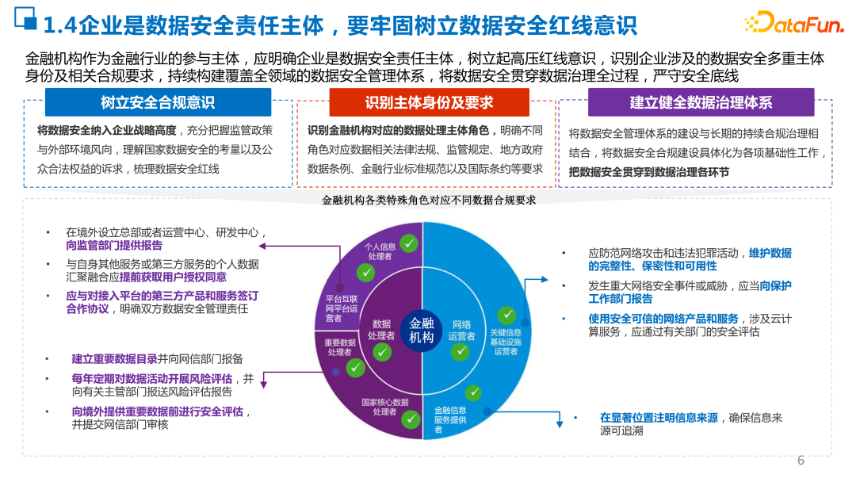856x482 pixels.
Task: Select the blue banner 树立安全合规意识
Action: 158,103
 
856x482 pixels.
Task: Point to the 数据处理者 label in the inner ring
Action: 382,330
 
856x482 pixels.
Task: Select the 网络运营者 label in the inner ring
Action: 461,330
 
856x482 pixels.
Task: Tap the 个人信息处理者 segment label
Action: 380,251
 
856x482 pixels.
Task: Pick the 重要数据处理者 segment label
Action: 340,347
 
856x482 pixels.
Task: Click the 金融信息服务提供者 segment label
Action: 449,420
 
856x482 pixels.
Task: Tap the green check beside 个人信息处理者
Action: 409,243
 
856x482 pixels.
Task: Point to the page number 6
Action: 801,461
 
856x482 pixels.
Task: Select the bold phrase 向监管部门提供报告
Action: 114,246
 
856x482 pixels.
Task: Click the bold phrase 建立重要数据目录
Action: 114,358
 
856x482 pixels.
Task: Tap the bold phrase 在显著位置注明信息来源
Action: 659,417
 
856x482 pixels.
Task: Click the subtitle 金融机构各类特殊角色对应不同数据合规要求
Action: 429,201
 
